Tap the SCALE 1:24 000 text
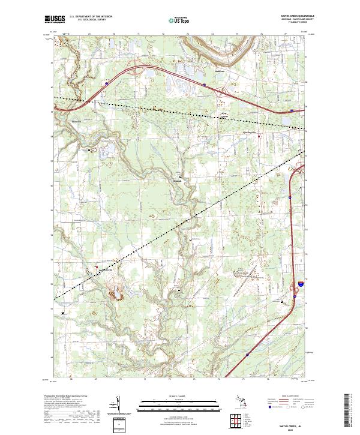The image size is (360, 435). click(x=179, y=395)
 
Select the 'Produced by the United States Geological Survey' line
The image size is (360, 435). click(x=66, y=396)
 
